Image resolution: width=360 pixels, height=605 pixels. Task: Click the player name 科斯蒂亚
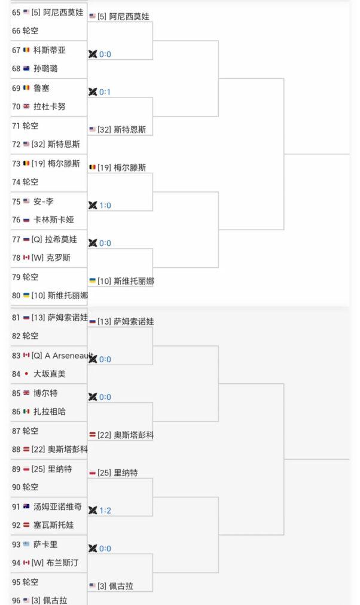(x=50, y=50)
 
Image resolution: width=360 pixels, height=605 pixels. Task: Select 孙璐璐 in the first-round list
(x=45, y=69)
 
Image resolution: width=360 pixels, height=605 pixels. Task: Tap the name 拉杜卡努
(x=50, y=106)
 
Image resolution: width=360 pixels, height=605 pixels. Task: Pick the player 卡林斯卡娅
(x=54, y=220)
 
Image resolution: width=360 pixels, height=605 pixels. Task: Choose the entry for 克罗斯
(x=58, y=258)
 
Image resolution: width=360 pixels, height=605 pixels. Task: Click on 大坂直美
(x=50, y=374)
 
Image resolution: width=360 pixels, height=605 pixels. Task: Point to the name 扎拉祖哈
(x=50, y=412)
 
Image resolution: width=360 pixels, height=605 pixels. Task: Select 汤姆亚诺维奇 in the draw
(x=57, y=506)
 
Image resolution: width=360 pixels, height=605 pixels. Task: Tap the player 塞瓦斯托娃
(x=54, y=525)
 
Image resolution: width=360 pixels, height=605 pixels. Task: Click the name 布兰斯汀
(x=62, y=563)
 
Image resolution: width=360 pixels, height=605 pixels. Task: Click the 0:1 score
(x=105, y=92)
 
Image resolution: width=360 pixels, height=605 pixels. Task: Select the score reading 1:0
(x=105, y=205)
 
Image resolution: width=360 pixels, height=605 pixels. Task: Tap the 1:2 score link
(x=105, y=511)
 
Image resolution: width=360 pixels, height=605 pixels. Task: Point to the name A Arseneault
(x=69, y=355)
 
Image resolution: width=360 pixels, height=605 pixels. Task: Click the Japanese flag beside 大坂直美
(x=26, y=374)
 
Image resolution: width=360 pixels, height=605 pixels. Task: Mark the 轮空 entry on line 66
(x=30, y=31)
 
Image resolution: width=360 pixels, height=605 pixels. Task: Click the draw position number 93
(x=16, y=545)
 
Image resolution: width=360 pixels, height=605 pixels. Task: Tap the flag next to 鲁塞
(x=26, y=88)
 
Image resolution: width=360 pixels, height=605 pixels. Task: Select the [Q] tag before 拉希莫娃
(x=37, y=239)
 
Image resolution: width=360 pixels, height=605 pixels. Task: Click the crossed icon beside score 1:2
(x=93, y=511)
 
